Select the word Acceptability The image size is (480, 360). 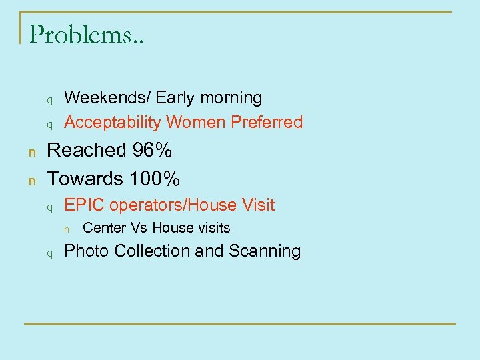tap(113, 123)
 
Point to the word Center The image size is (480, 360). tap(105, 228)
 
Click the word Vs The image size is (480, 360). tap(139, 228)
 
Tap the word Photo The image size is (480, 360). tap(87, 251)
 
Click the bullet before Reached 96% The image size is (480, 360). tap(31, 152)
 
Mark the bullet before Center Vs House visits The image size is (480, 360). tap(67, 229)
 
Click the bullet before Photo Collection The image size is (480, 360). tap(49, 253)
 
